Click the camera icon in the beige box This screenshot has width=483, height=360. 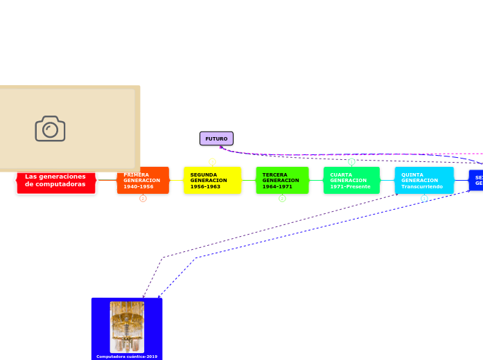tap(50, 129)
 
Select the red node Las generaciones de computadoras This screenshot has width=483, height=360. tap(56, 181)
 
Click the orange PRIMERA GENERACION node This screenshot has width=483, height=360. tap(143, 181)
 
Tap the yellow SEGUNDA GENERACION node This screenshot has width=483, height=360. tap(212, 181)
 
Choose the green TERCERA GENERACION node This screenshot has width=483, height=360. tap(282, 181)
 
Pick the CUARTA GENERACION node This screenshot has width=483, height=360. tap(351, 181)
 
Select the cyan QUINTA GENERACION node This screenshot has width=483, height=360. tap(424, 181)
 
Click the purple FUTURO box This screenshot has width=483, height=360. tap(216, 138)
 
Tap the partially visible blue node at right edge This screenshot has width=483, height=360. tap(477, 181)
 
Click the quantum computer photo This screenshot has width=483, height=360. tap(127, 326)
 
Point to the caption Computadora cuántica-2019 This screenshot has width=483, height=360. tap(127, 357)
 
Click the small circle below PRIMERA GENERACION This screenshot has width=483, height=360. tap(143, 199)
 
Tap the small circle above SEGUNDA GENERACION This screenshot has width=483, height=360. tap(212, 161)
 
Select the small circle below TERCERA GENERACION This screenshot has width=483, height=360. tap(282, 199)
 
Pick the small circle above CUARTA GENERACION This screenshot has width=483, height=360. tap(351, 161)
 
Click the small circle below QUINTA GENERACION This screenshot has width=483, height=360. tap(424, 199)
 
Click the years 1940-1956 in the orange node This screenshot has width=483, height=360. tap(139, 187)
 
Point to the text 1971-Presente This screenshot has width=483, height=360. tap(350, 187)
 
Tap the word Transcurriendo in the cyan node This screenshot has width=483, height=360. tap(421, 187)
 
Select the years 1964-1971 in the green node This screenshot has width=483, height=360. tap(277, 187)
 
